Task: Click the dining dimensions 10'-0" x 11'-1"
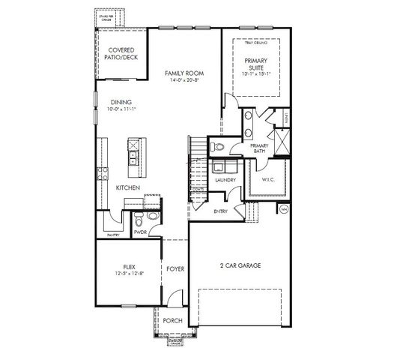(x=121, y=109)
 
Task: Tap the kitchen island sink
(x=133, y=157)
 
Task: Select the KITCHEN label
(x=128, y=187)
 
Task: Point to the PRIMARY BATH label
(x=260, y=148)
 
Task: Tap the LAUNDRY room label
(x=225, y=180)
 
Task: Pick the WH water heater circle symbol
(x=284, y=210)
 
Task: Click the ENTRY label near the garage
(x=220, y=211)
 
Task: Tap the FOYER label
(x=175, y=268)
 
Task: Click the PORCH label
(x=172, y=320)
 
